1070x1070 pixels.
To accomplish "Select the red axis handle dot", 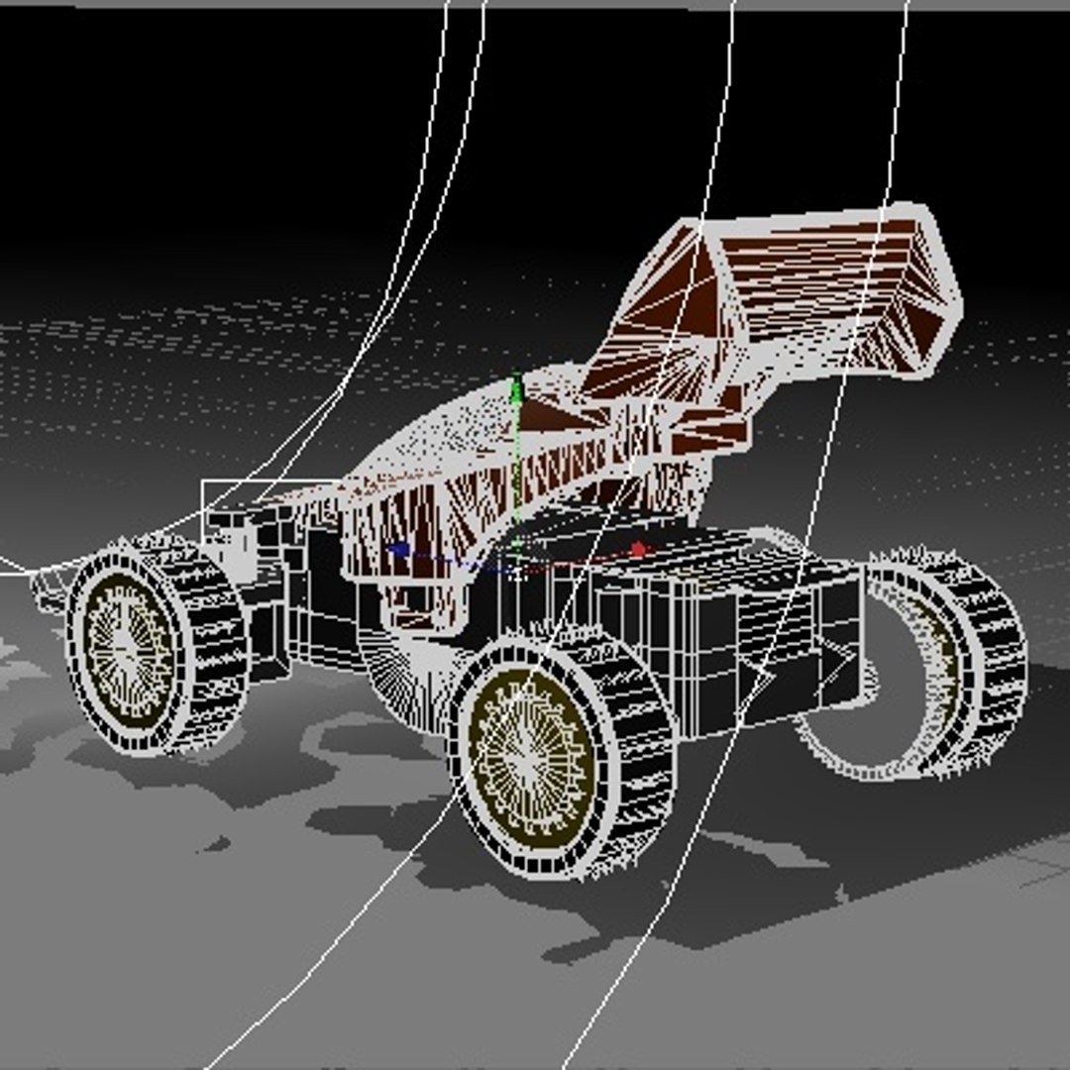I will tap(638, 548).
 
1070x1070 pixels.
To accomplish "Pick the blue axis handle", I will tap(398, 550).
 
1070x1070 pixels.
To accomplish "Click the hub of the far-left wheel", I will tap(129, 645).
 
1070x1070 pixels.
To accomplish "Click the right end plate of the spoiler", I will tap(931, 287).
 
